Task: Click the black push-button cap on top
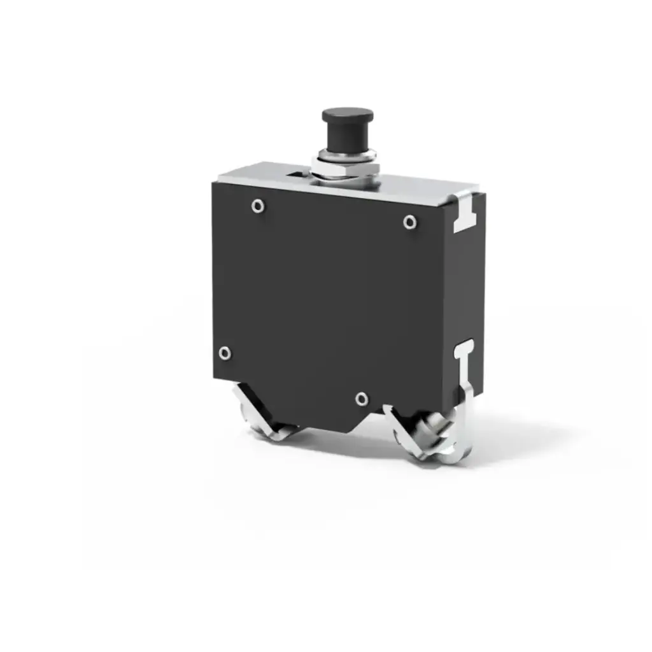click(x=347, y=115)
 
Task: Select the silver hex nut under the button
click(x=346, y=170)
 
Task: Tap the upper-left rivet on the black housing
click(x=257, y=205)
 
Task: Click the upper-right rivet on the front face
click(x=410, y=222)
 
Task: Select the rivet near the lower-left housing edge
click(x=224, y=353)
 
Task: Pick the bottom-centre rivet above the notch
click(x=362, y=399)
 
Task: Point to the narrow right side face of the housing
click(x=471, y=287)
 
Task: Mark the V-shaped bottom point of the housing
click(x=347, y=430)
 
